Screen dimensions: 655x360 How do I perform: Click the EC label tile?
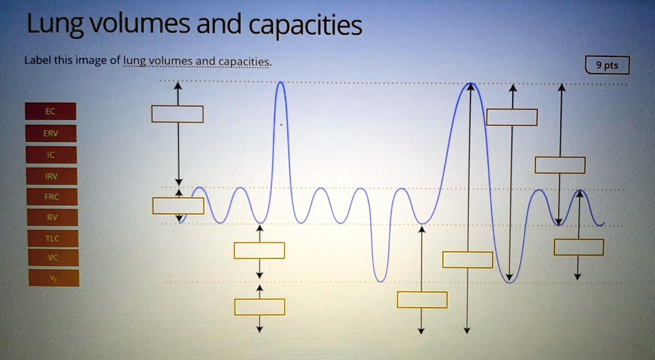tap(51, 111)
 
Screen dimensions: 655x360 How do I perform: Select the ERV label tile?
tap(51, 133)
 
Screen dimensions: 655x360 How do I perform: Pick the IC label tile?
tap(51, 155)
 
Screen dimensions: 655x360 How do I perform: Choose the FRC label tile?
tap(52, 197)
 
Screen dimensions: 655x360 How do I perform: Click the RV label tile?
tap(52, 217)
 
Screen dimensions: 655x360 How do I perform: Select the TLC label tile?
tap(52, 239)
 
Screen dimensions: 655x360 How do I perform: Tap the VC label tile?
tap(53, 258)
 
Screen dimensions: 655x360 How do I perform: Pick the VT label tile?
tap(54, 278)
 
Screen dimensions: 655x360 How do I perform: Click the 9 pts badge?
tap(607, 65)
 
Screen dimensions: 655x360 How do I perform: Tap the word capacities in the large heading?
tap(305, 26)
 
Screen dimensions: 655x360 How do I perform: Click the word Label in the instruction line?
tap(36, 61)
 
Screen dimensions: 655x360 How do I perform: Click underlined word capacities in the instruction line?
tap(244, 62)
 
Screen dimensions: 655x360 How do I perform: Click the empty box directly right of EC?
tap(177, 114)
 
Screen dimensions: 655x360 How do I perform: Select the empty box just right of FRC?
tap(178, 206)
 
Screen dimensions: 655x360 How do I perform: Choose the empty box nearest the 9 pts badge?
tap(512, 117)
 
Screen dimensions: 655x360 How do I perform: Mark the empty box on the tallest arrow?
tap(468, 260)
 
